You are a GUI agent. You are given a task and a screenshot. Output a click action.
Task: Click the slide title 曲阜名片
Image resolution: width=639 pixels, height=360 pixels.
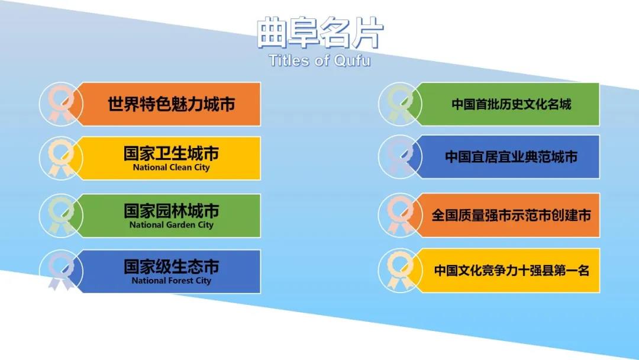pyautogui.click(x=320, y=32)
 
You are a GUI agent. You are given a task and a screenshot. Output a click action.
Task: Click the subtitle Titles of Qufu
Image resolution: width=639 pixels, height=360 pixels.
pyautogui.click(x=320, y=60)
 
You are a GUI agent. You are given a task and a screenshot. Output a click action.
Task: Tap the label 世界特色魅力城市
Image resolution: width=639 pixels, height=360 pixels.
pyautogui.click(x=171, y=104)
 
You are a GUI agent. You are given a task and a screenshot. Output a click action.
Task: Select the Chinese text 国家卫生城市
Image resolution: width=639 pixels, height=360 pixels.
pyautogui.click(x=171, y=153)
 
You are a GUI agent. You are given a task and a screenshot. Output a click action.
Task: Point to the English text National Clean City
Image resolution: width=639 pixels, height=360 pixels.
pyautogui.click(x=171, y=167)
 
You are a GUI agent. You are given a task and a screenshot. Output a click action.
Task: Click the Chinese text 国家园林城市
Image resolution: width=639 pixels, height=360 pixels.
pyautogui.click(x=171, y=211)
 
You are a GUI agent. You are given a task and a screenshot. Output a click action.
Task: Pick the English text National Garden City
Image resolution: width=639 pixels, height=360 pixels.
pyautogui.click(x=171, y=224)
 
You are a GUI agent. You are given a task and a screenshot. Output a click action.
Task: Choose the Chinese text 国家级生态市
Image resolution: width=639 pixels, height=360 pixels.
pyautogui.click(x=171, y=266)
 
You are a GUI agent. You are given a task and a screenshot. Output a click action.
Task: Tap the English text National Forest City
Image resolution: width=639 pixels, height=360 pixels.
pyautogui.click(x=171, y=281)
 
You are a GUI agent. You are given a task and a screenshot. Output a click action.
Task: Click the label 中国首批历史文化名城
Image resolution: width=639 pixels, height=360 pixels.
pyautogui.click(x=511, y=104)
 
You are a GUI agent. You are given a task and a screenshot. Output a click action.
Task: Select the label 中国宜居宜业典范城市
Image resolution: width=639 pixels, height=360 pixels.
pyautogui.click(x=511, y=156)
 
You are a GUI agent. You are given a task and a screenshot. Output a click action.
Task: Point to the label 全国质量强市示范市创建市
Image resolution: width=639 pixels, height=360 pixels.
pyautogui.click(x=511, y=216)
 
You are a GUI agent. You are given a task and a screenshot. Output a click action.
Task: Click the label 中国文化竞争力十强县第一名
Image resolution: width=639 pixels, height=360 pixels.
pyautogui.click(x=511, y=271)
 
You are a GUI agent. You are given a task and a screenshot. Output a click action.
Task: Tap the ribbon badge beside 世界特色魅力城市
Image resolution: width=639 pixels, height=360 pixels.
pyautogui.click(x=61, y=104)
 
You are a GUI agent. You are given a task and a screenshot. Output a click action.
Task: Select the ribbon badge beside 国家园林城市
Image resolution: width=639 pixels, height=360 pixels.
pyautogui.click(x=61, y=216)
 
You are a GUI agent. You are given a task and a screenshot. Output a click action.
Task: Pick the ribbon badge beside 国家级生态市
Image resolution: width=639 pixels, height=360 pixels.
pyautogui.click(x=61, y=271)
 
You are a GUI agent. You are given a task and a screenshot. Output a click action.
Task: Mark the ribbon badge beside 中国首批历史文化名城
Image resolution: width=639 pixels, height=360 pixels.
pyautogui.click(x=400, y=104)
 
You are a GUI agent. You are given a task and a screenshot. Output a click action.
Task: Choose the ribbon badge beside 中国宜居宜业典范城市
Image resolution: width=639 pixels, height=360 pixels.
pyautogui.click(x=400, y=156)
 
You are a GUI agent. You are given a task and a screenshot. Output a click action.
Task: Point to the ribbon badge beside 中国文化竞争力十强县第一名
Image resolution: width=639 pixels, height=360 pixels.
pyautogui.click(x=400, y=271)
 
